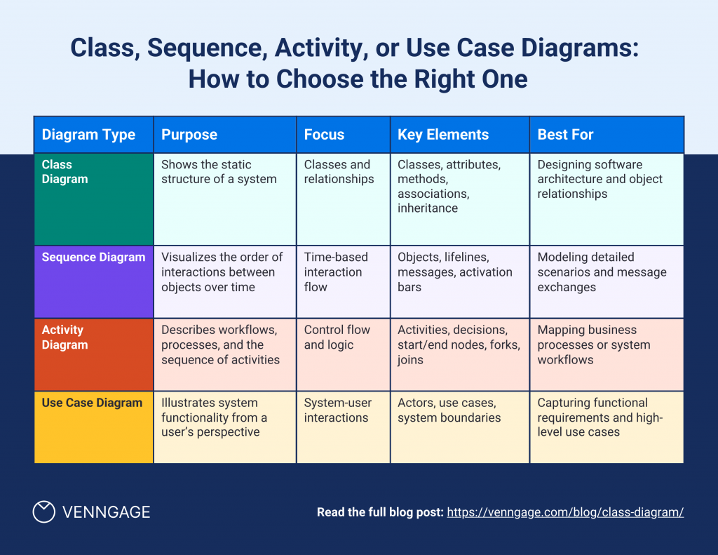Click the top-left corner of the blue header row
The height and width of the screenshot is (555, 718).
click(34, 116)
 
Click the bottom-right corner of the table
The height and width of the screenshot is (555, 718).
click(684, 463)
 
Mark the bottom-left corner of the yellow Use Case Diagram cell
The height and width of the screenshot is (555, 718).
click(34, 463)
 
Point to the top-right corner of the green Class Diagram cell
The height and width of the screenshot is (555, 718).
click(154, 153)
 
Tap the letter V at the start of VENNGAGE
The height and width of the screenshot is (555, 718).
click(67, 512)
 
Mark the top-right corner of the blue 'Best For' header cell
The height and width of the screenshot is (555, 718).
click(684, 116)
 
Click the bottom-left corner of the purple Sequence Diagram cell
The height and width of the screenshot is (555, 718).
click(34, 318)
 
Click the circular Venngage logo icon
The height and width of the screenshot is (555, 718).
click(44, 511)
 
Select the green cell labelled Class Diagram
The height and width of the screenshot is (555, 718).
click(94, 199)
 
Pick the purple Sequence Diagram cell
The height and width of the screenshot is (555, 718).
click(94, 282)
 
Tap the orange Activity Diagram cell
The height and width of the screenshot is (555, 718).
click(94, 355)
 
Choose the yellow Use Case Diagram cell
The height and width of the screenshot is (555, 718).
click(94, 427)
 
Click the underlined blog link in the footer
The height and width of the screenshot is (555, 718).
click(565, 512)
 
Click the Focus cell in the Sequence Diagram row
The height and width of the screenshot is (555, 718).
click(344, 282)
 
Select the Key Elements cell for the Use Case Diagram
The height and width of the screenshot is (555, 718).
click(460, 427)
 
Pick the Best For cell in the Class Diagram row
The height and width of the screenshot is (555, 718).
click(607, 199)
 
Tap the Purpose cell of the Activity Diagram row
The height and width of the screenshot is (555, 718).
click(225, 355)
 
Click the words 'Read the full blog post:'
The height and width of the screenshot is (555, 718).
click(380, 512)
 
